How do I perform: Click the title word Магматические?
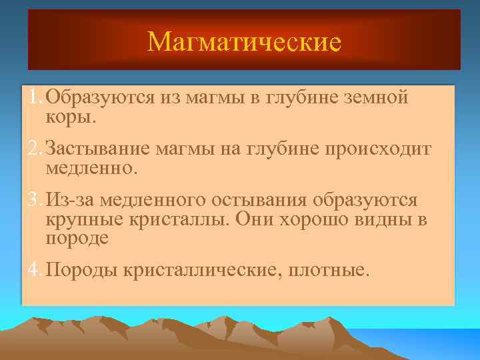point(244,42)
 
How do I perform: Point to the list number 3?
point(33,201)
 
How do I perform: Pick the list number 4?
point(33,271)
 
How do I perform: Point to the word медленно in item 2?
point(90,168)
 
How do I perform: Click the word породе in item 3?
point(77,238)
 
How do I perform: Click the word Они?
point(251,219)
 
